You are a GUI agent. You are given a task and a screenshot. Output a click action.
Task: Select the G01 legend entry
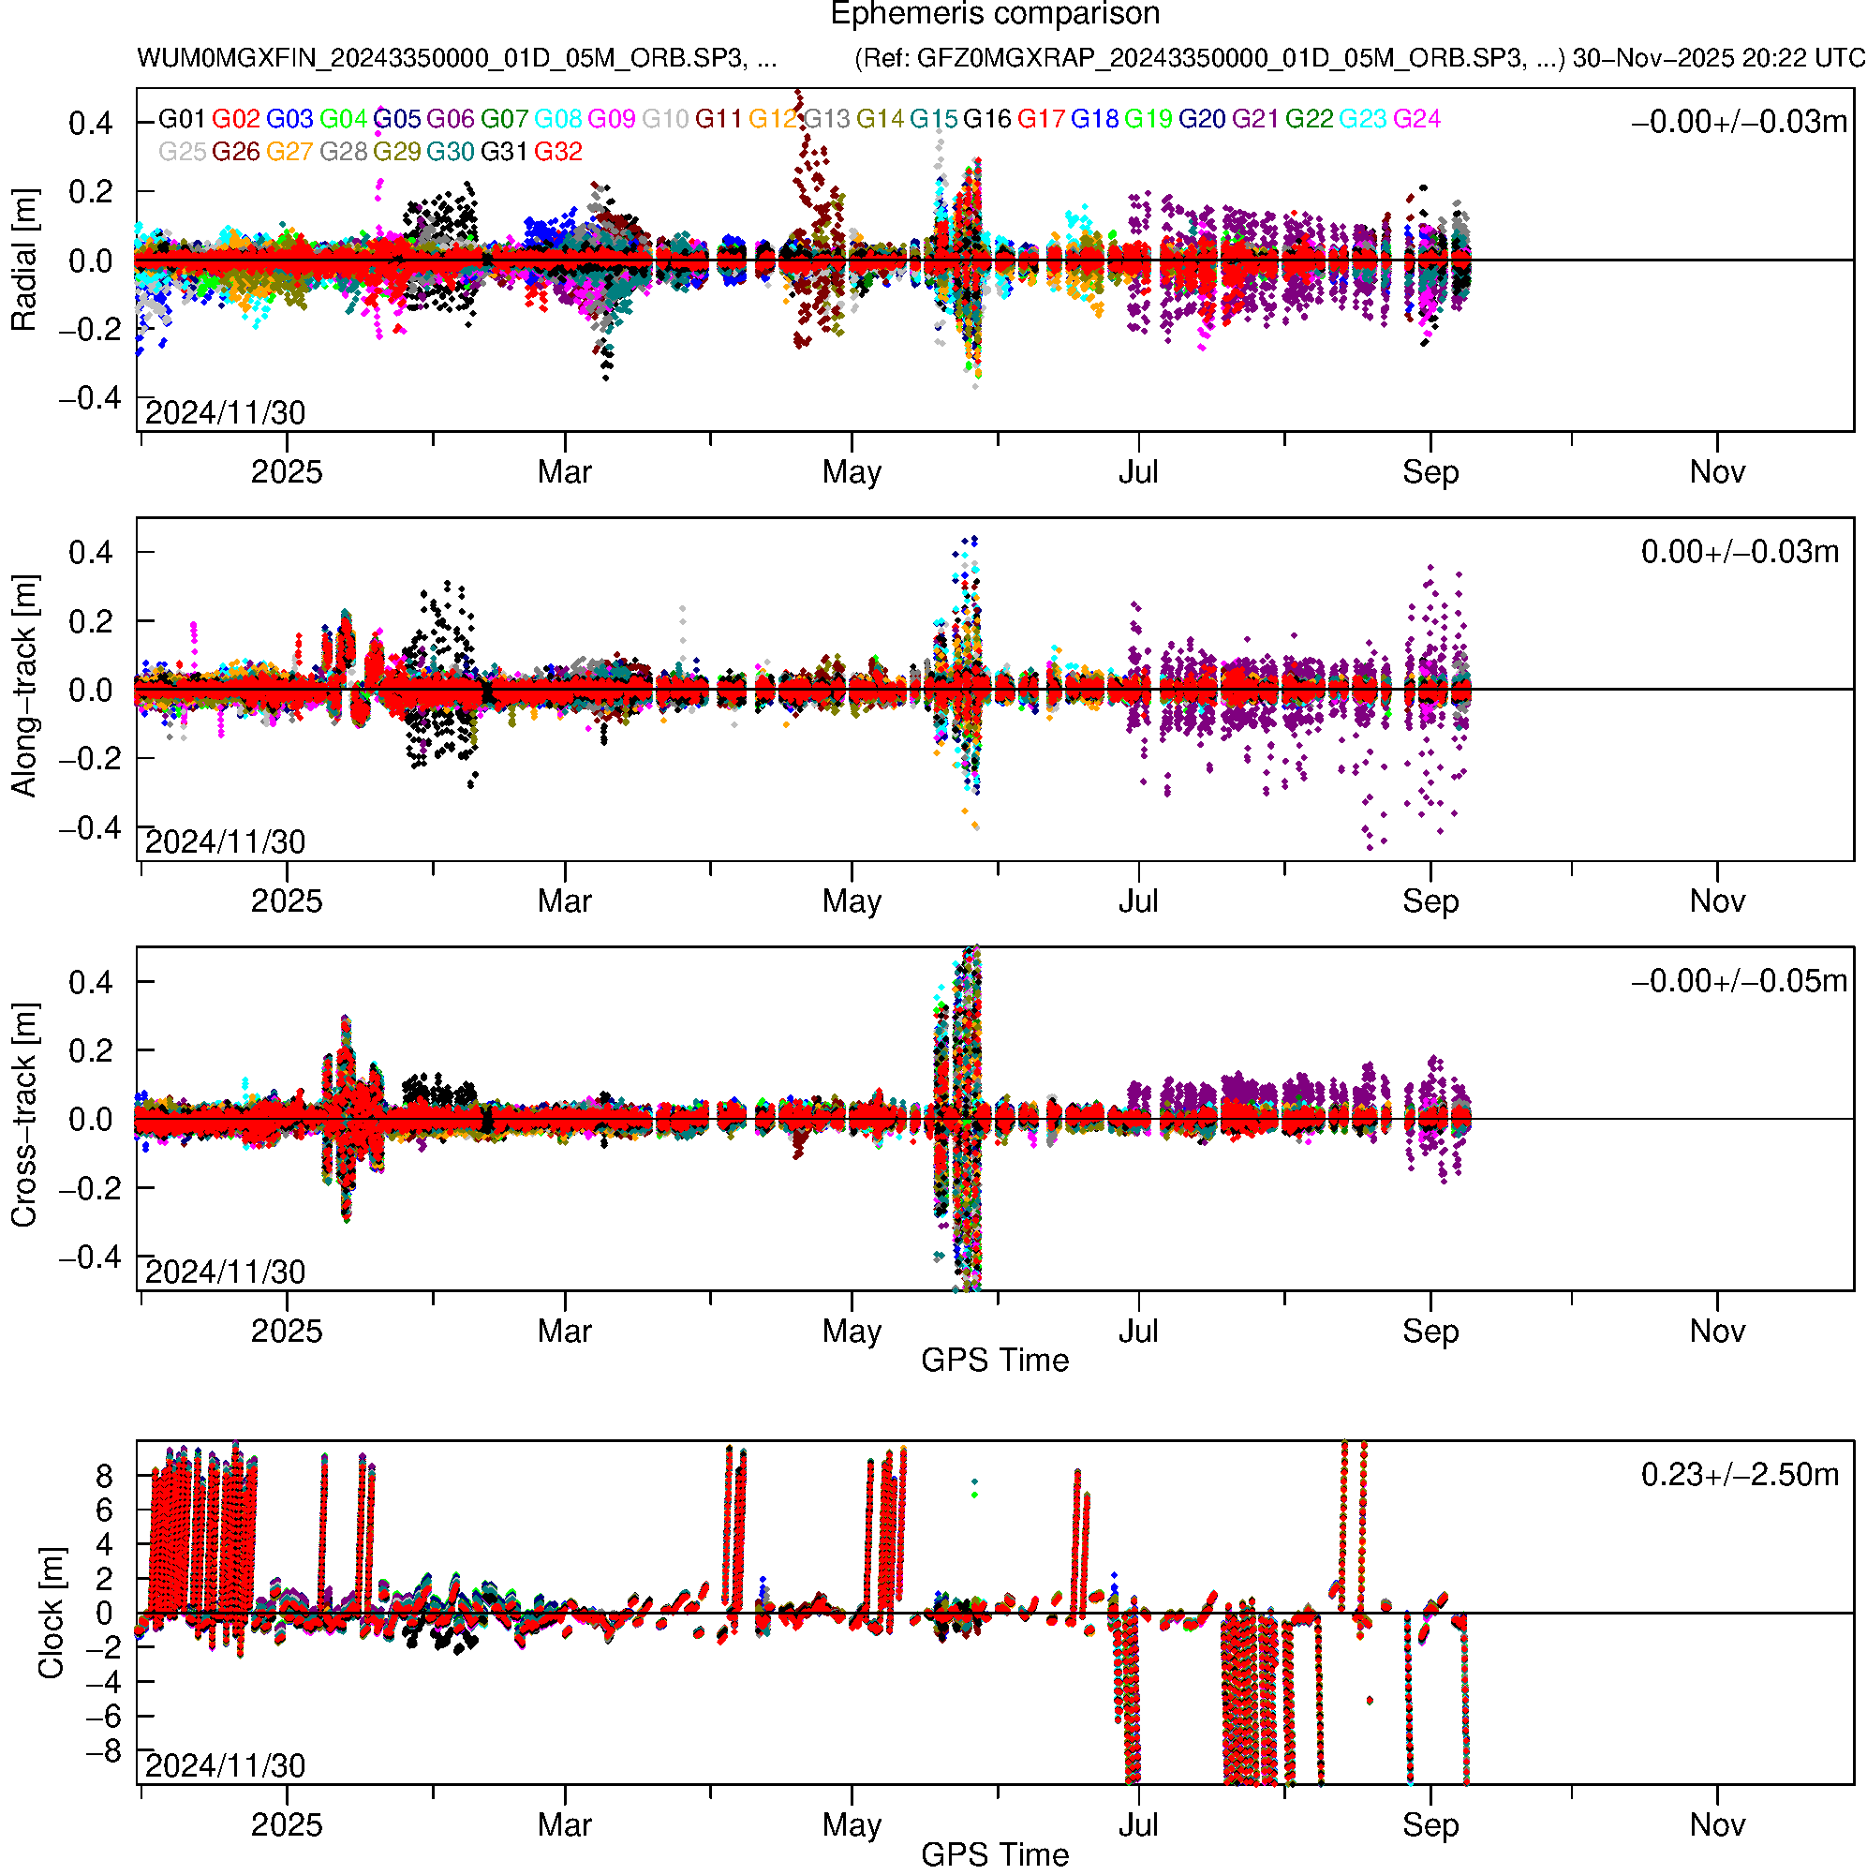tap(182, 118)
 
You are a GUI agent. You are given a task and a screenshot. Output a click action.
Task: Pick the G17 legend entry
tap(1041, 118)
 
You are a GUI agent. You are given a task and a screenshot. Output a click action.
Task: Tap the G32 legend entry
tap(558, 152)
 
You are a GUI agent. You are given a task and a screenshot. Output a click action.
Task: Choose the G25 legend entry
tap(182, 152)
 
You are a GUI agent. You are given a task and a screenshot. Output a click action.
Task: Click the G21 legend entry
tap(1255, 118)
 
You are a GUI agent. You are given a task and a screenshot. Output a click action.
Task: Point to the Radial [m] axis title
tap(23, 260)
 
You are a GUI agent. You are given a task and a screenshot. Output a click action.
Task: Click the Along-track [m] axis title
tap(23, 686)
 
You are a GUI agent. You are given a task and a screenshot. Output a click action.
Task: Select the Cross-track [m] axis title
tap(23, 1116)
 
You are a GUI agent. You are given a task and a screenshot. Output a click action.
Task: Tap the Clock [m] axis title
tap(51, 1613)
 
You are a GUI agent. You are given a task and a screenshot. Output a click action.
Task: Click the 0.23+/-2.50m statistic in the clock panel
tap(1739, 1475)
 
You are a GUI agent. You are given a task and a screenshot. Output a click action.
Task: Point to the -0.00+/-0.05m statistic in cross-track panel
tap(1739, 981)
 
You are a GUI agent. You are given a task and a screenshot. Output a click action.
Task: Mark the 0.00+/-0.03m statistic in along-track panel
tap(1739, 552)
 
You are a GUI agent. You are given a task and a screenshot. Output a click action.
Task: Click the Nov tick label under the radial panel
tap(1716, 472)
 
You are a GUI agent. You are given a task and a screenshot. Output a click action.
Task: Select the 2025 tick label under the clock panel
tap(287, 1825)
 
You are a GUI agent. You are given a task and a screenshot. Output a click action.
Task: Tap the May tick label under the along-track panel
tap(851, 901)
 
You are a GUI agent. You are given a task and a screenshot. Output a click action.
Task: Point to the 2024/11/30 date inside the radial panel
tap(225, 413)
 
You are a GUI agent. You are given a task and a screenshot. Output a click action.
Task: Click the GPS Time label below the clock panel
tap(995, 1854)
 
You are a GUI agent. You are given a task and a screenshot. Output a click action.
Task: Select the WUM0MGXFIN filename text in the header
tap(456, 58)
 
